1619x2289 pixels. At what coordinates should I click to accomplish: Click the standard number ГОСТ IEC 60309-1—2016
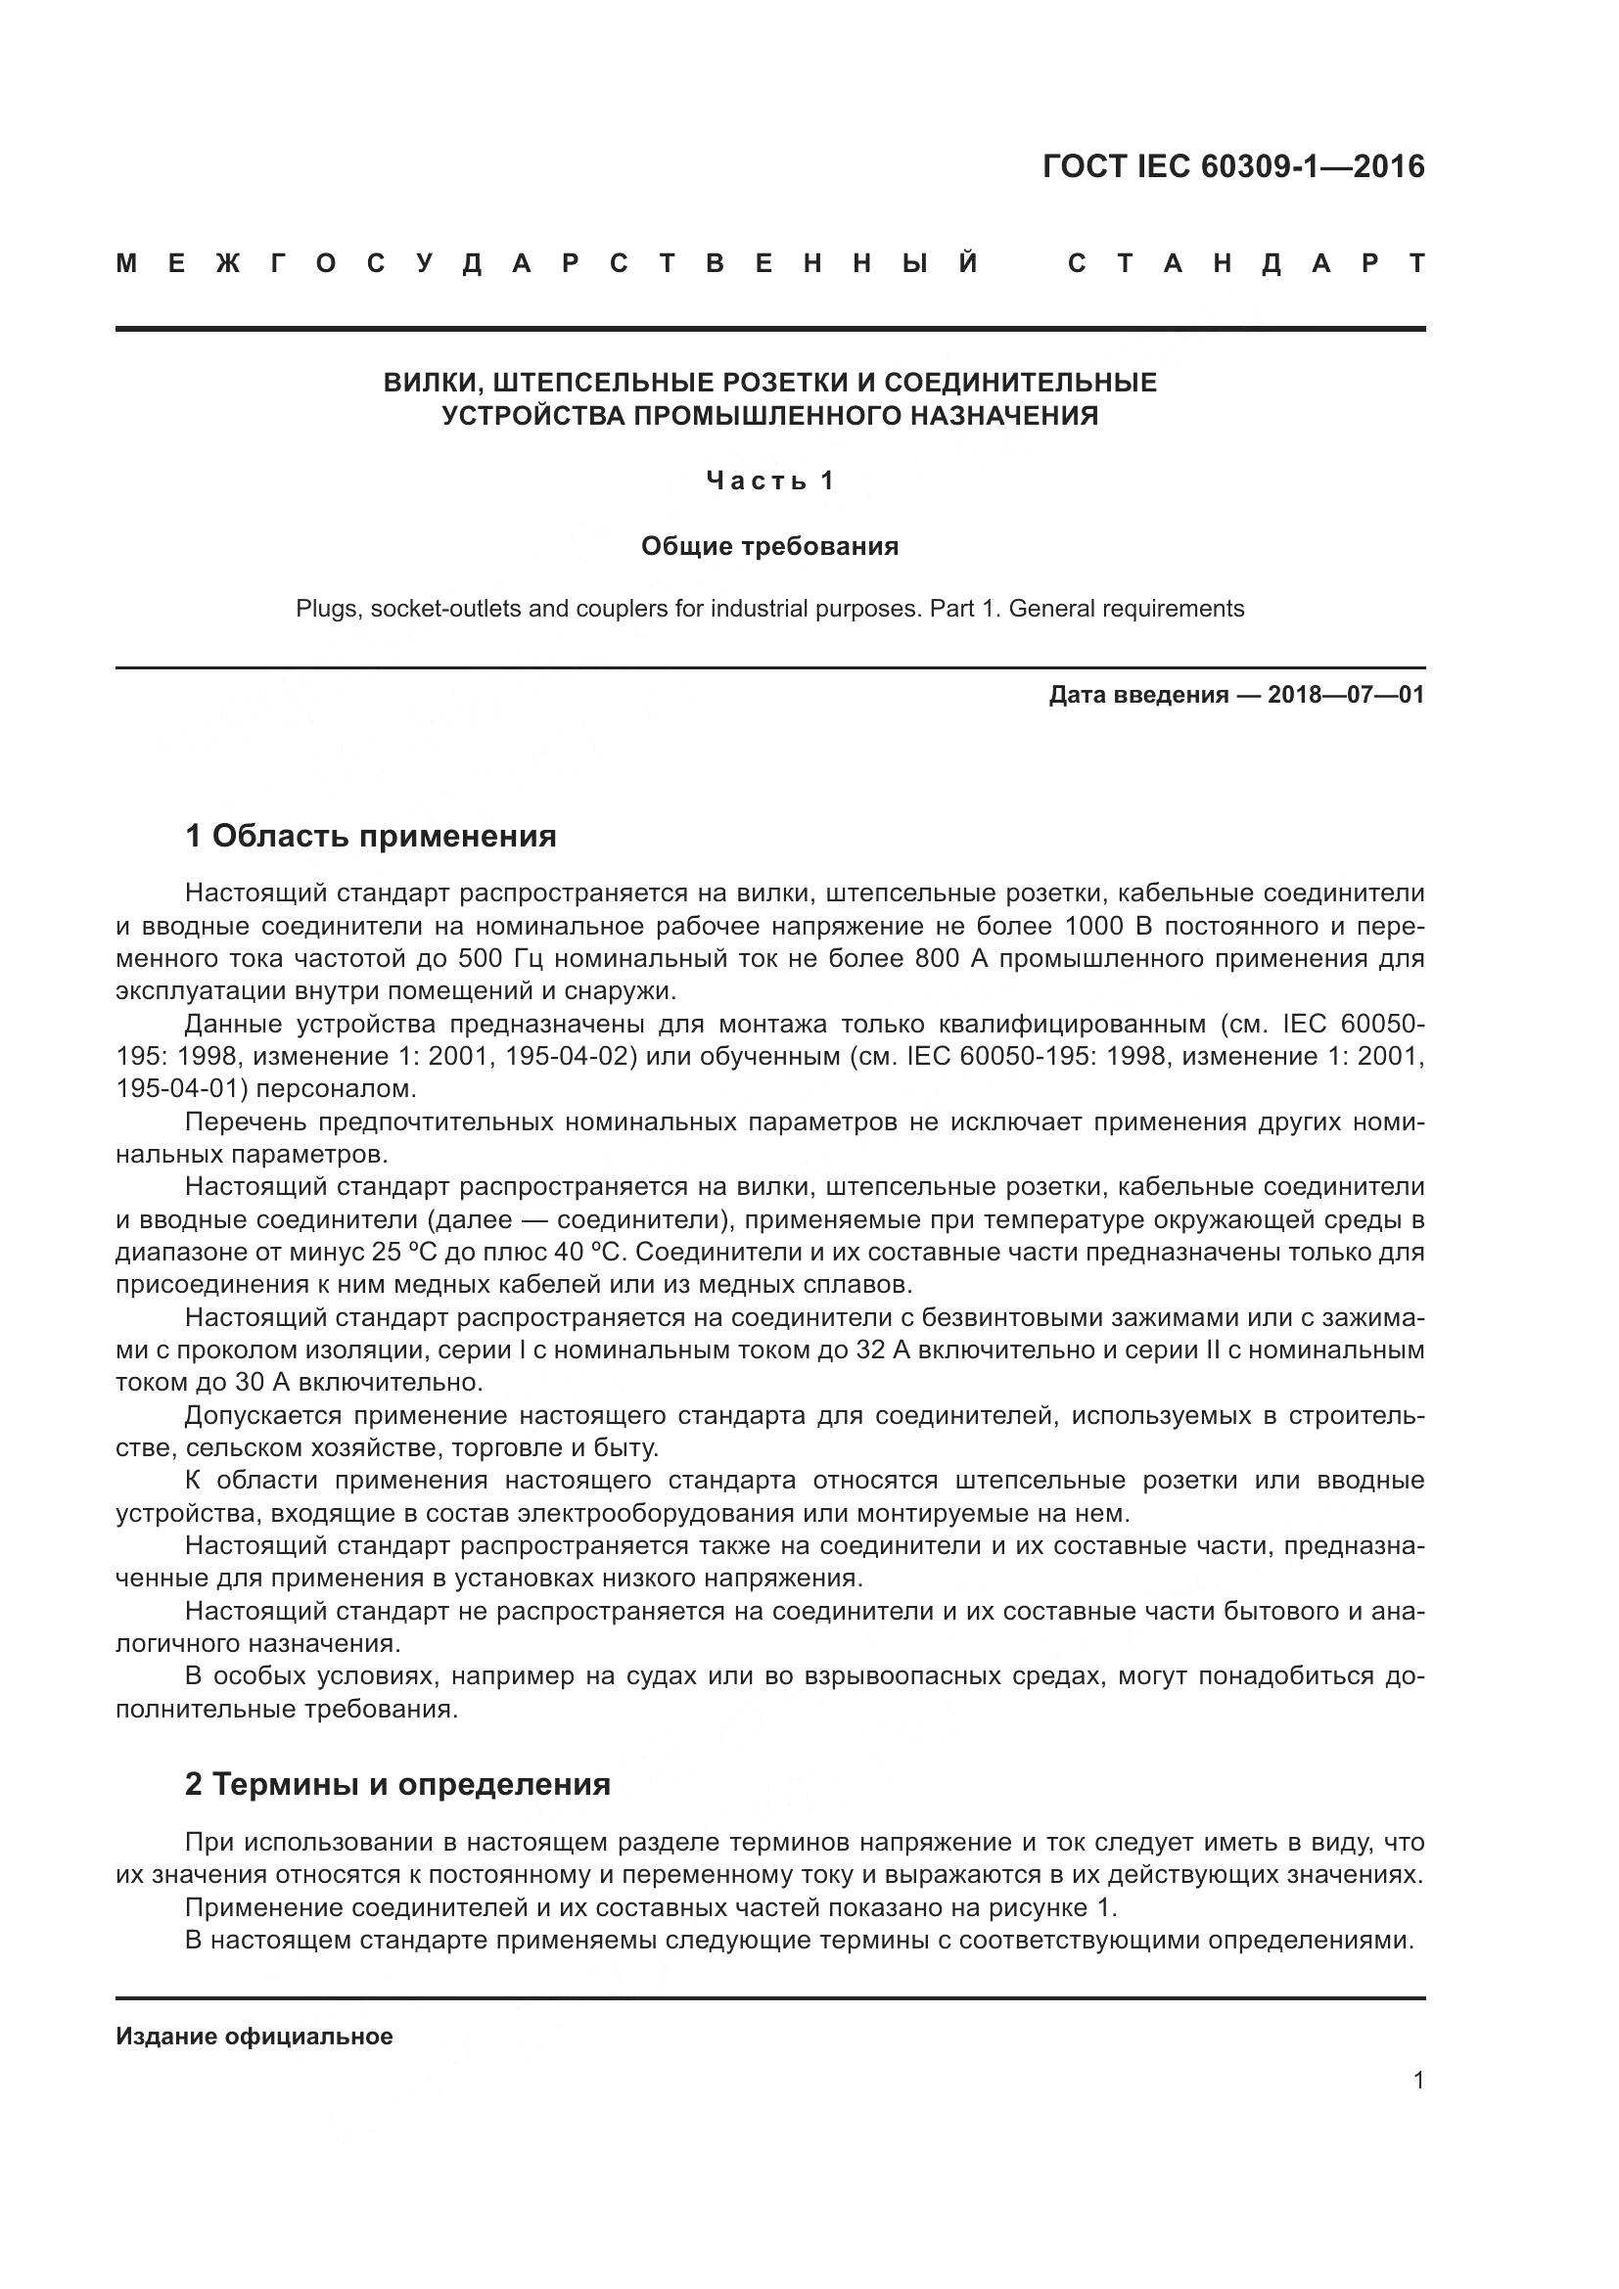1233,166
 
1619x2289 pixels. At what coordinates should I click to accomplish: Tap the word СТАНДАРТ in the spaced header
1246,264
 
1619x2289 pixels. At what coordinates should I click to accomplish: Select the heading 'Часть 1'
769,481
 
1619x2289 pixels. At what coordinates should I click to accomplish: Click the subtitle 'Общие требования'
769,546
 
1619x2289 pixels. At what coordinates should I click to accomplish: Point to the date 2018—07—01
1346,695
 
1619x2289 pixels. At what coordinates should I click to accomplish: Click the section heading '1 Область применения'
371,836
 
